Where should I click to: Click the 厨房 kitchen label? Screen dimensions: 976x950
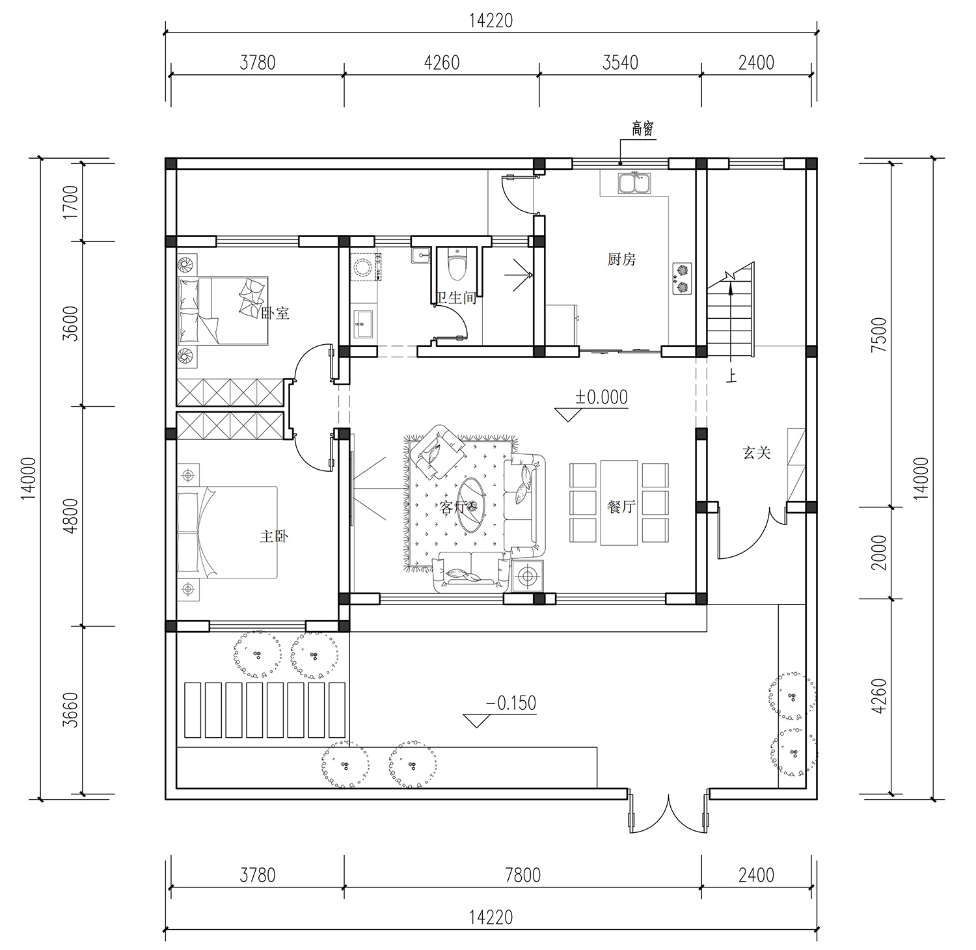pyautogui.click(x=621, y=260)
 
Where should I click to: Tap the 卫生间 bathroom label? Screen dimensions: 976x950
pyautogui.click(x=457, y=298)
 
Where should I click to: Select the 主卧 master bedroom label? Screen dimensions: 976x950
pyautogui.click(x=274, y=536)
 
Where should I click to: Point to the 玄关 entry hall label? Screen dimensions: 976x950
pyautogui.click(x=757, y=452)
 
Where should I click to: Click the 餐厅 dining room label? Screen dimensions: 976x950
pyautogui.click(x=621, y=506)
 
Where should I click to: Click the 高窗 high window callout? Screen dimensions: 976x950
pyautogui.click(x=642, y=129)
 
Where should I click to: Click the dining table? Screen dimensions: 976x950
pyautogui.click(x=619, y=502)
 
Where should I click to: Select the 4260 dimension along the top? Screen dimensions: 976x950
pyautogui.click(x=441, y=62)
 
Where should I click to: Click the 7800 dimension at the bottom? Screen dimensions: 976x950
pyautogui.click(x=522, y=875)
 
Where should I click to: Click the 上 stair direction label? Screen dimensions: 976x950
pyautogui.click(x=733, y=376)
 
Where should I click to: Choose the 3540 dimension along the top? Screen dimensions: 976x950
pyautogui.click(x=620, y=62)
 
